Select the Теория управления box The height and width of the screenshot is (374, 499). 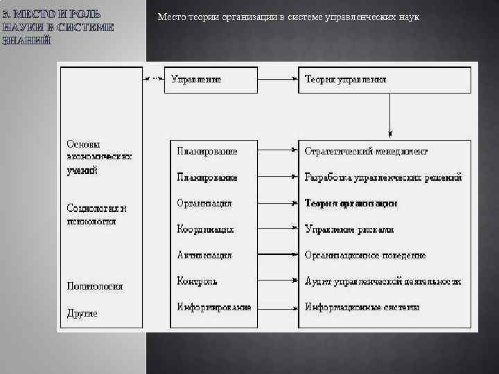tap(385, 80)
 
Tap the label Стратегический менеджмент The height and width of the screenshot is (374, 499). tap(366, 151)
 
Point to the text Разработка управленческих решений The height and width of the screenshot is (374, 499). tap(383, 177)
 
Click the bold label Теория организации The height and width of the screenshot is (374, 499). tap(351, 204)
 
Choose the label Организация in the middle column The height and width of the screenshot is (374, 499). tap(204, 204)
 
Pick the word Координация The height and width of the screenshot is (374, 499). tap(205, 229)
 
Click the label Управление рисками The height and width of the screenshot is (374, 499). tap(349, 229)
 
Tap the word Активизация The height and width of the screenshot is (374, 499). tap(204, 255)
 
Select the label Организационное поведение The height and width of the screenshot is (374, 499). tap(365, 255)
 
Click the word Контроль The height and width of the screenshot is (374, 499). tap(197, 281)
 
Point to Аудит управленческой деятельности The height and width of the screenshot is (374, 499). tap(383, 281)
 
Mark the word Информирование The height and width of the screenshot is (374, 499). tap(213, 307)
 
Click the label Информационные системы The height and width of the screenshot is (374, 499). tap(362, 307)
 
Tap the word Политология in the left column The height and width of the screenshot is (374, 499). tap(95, 285)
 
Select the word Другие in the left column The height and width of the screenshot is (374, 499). tap(82, 313)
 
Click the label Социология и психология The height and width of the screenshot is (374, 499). tap(97, 214)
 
